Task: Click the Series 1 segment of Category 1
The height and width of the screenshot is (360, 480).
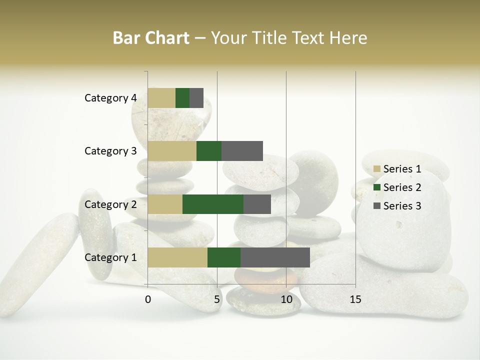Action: [177, 257]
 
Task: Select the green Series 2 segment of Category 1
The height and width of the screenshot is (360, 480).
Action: [224, 257]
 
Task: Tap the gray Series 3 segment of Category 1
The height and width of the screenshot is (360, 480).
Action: [275, 257]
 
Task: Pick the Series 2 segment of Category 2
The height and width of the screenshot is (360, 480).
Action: [213, 204]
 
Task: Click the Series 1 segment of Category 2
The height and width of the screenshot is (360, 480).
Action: [165, 204]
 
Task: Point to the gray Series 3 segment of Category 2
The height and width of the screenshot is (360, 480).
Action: [257, 204]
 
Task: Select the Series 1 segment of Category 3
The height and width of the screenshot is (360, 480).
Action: [172, 151]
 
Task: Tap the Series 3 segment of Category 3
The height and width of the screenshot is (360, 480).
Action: [242, 151]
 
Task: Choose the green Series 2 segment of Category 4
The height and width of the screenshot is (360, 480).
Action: [182, 98]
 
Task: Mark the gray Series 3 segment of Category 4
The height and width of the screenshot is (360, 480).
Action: [196, 98]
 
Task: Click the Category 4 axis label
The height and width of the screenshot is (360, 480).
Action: [110, 98]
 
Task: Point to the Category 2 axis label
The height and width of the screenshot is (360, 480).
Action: [110, 204]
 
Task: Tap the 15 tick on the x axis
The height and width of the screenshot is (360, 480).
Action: [355, 299]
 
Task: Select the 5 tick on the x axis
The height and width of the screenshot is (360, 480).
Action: [217, 299]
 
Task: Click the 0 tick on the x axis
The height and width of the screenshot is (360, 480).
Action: [148, 299]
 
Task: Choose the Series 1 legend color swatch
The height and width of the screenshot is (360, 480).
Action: [377, 169]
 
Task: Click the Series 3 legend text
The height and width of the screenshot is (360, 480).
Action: [402, 206]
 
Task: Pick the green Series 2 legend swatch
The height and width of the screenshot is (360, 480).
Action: [377, 187]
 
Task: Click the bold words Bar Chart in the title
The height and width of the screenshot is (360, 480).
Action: [151, 38]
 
